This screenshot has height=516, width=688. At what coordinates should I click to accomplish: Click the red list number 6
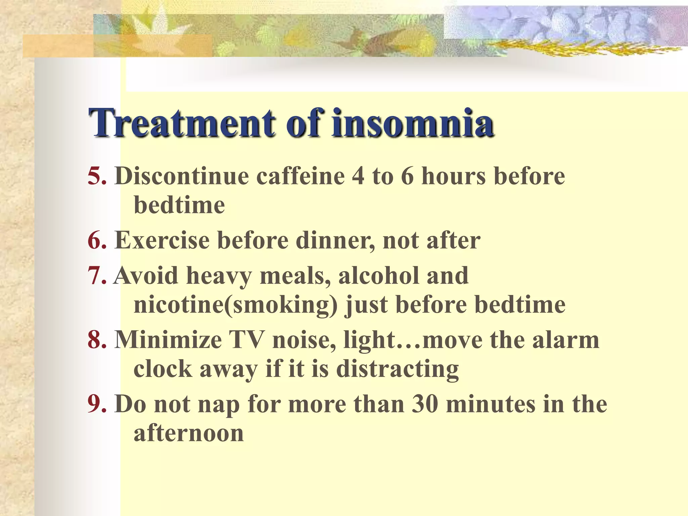point(97,241)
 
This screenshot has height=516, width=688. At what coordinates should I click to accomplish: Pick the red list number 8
point(97,340)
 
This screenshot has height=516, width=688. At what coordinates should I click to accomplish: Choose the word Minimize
point(168,340)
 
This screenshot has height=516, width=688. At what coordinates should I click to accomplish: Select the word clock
point(163,369)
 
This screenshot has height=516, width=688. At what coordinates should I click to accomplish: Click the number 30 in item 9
point(425,404)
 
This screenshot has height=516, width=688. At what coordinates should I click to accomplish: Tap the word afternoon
point(189,433)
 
